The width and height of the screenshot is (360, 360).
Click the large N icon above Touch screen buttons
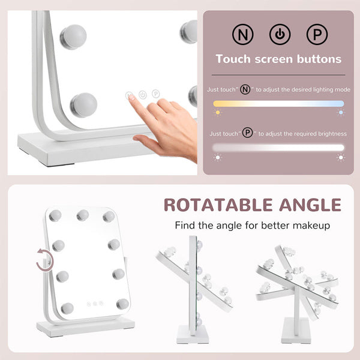242,34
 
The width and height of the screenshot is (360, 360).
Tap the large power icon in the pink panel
280,34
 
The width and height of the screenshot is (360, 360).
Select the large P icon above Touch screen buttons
317,34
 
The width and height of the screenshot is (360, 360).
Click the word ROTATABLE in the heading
218,205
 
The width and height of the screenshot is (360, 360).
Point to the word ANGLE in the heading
310,205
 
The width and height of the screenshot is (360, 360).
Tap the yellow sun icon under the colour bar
217,113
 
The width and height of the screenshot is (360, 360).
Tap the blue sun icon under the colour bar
341,113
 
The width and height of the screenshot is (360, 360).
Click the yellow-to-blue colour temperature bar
278,104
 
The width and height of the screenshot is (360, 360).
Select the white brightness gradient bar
278,148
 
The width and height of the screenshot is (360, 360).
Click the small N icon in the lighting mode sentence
245,89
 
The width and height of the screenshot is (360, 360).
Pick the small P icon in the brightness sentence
247,133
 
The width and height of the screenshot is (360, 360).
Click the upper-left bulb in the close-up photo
73,37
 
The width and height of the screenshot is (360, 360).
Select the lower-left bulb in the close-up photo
84,105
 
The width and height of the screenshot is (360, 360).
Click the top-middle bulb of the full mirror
83,215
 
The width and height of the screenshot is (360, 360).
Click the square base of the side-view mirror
193,334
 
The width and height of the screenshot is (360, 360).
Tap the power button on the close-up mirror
143,95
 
